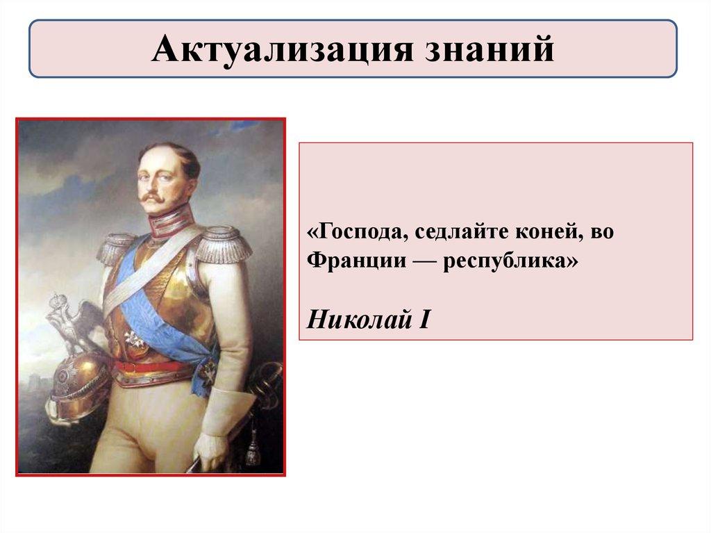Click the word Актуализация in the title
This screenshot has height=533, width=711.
coord(283,49)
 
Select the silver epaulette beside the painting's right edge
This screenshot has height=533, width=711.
coord(224,245)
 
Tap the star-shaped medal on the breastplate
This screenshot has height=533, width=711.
coord(135,338)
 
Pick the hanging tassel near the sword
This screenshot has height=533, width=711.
coord(253,445)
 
